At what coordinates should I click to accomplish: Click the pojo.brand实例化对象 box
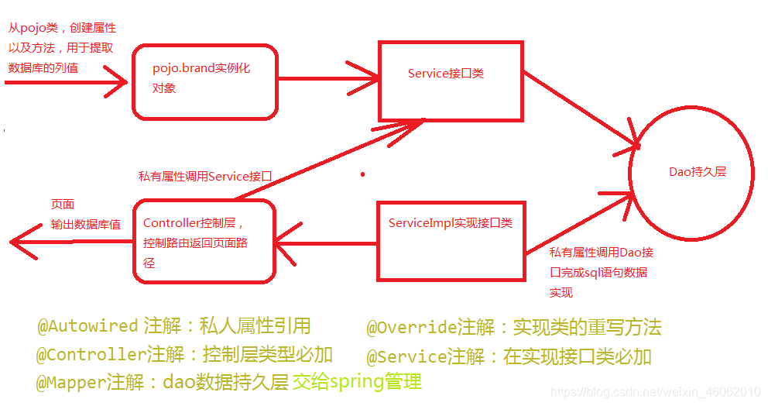(205, 81)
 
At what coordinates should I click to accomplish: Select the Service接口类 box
(451, 80)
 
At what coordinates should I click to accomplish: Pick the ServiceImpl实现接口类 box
(450, 240)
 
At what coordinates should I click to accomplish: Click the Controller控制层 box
(204, 241)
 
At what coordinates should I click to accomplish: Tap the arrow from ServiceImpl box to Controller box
(325, 240)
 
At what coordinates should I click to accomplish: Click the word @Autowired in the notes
(87, 326)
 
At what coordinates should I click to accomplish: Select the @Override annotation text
(410, 328)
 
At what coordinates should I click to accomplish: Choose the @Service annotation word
(406, 357)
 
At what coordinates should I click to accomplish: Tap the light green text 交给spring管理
(357, 382)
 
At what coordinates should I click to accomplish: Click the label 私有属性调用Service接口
(205, 177)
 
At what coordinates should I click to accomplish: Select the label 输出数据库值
(86, 225)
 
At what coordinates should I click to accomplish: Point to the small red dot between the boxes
(362, 175)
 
